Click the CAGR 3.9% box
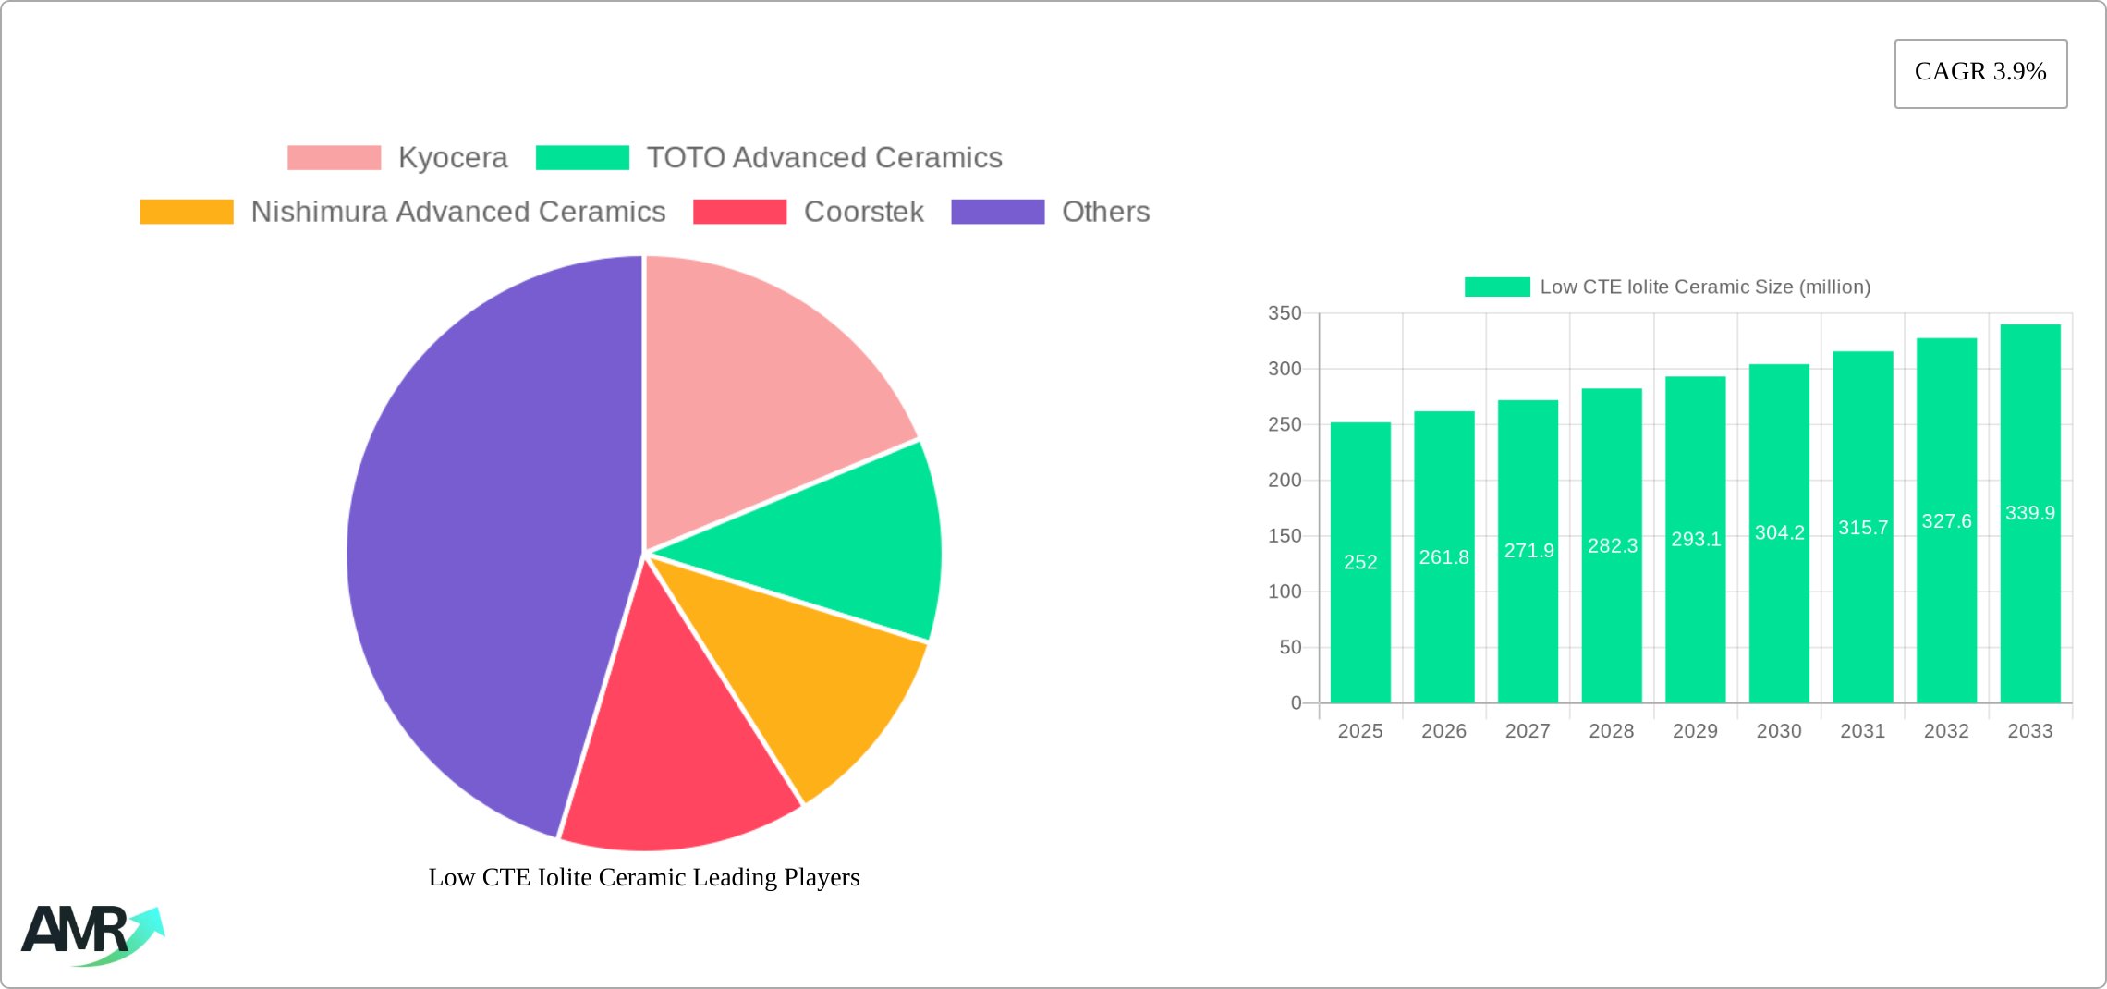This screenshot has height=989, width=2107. click(x=1980, y=73)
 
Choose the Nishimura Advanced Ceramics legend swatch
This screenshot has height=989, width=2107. click(x=187, y=212)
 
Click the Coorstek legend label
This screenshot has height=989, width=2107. click(x=863, y=212)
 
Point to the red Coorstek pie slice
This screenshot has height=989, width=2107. click(x=675, y=758)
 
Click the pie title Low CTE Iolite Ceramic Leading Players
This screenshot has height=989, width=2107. click(x=644, y=877)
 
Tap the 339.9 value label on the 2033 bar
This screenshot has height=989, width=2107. click(x=2030, y=513)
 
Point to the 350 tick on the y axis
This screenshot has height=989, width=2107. click(x=1285, y=313)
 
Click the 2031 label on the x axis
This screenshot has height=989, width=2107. click(x=1862, y=731)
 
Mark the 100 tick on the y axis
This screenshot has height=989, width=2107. click(x=1285, y=592)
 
